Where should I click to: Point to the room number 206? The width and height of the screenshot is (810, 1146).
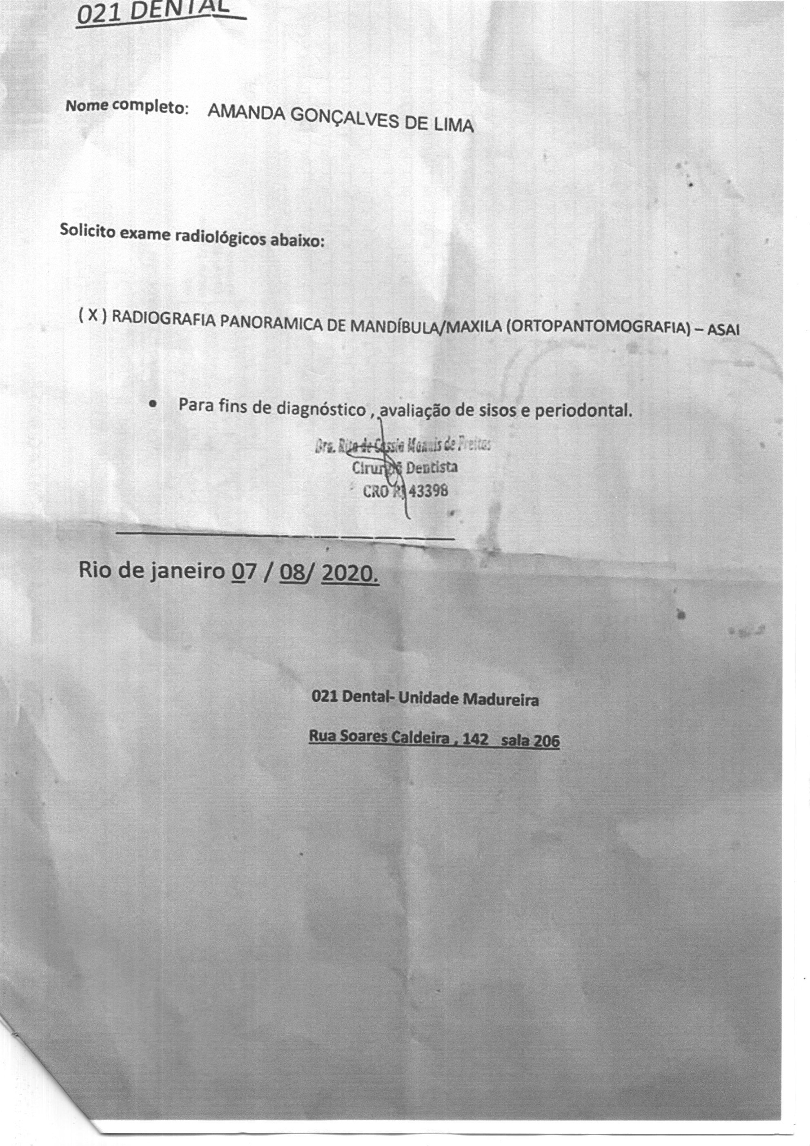tap(545, 742)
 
